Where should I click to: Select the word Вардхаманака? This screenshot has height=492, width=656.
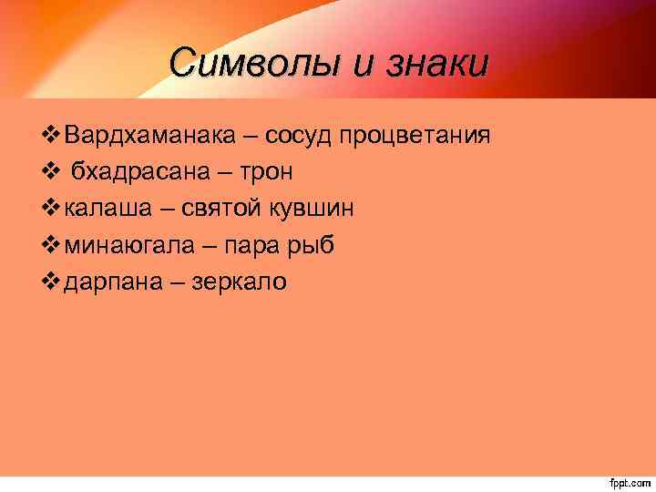(x=153, y=136)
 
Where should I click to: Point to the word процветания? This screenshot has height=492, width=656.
(x=415, y=136)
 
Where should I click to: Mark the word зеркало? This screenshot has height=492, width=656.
(x=239, y=282)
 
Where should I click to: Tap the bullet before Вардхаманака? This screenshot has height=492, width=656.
(x=51, y=136)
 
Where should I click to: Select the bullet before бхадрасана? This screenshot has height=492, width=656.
(x=51, y=172)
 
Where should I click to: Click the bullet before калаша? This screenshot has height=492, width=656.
(x=51, y=209)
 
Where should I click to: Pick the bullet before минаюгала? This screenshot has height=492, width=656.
(x=51, y=246)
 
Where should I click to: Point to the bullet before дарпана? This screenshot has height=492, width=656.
(x=51, y=282)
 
